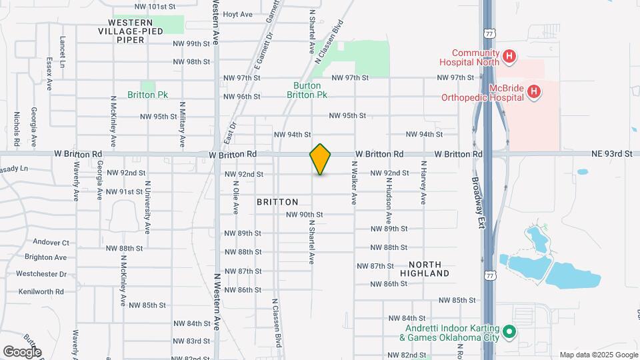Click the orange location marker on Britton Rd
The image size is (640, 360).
tap(321, 159)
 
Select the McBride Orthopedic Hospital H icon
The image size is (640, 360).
tap(533, 92)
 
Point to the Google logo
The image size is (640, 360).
tap(22, 351)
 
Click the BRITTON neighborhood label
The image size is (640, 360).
tap(277, 201)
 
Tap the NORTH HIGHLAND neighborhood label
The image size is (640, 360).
tap(425, 269)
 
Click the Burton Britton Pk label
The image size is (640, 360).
tap(307, 90)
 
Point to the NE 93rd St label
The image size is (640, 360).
tap(611, 154)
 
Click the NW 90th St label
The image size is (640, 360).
tap(304, 215)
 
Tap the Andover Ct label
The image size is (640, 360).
tap(51, 243)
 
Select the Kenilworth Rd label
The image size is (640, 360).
tap(41, 291)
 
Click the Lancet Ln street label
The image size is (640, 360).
tap(62, 51)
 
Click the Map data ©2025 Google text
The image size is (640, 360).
tap(599, 355)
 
